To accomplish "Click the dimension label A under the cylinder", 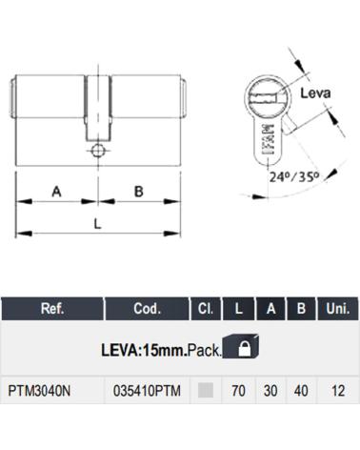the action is [x=56, y=192].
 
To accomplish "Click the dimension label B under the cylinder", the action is [x=139, y=192].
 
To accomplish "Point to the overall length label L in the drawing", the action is [x=97, y=224].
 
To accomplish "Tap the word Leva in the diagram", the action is [x=315, y=93].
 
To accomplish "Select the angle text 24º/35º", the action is [x=294, y=176].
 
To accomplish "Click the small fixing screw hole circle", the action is [x=98, y=151].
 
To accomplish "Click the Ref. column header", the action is [x=52, y=309].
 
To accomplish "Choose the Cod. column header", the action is [x=147, y=309].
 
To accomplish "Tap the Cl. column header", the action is [x=206, y=309].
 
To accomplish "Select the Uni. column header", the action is [x=337, y=309].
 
